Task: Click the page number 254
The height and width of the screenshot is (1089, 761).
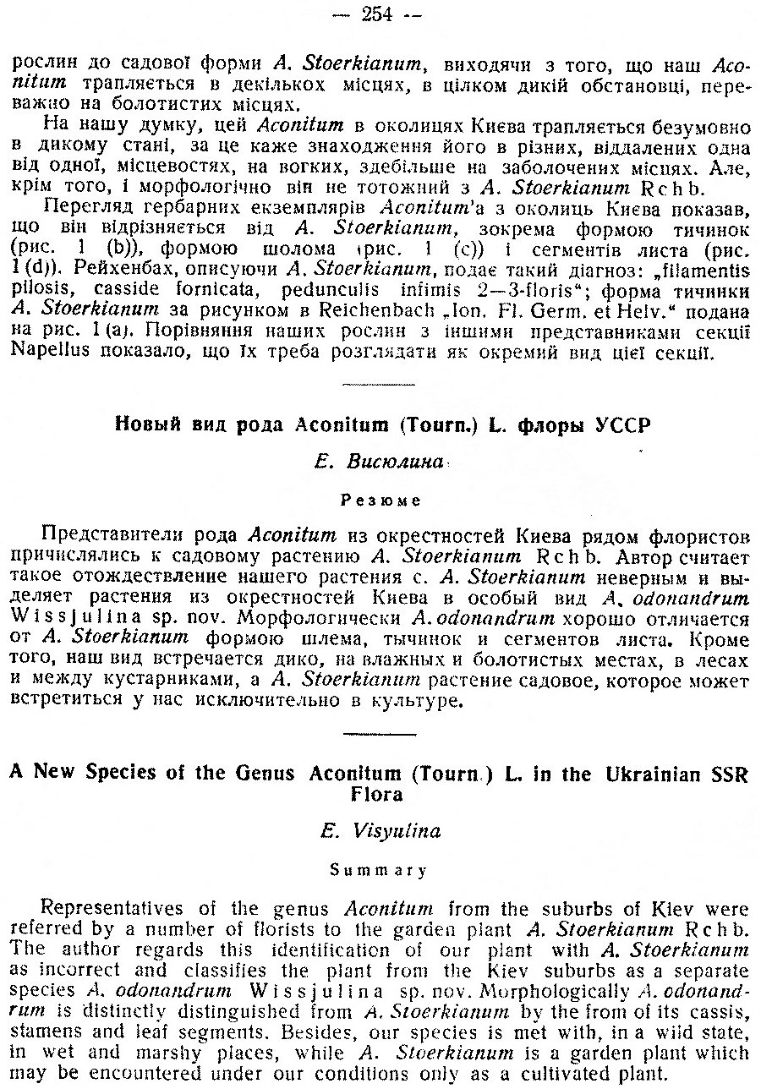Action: tap(380, 13)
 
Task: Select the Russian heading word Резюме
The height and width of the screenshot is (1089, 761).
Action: tap(380, 500)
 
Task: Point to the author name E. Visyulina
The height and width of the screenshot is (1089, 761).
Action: tap(380, 831)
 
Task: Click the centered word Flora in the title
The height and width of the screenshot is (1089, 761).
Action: tap(380, 794)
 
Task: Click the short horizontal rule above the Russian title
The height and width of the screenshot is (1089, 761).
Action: tap(380, 386)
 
